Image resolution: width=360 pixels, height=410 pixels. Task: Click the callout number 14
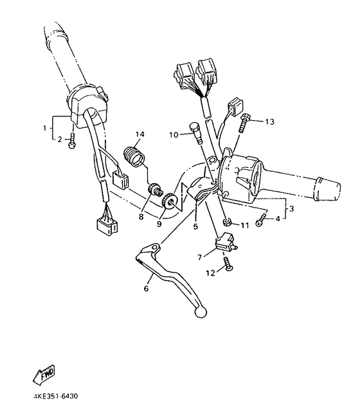click(x=138, y=134)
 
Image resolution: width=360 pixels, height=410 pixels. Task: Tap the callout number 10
click(x=174, y=135)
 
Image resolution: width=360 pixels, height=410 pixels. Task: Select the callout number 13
click(x=269, y=121)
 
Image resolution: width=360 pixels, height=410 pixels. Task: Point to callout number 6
click(x=146, y=290)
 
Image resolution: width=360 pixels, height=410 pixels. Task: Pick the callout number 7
click(x=200, y=257)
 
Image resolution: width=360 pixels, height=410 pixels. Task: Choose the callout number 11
click(x=245, y=226)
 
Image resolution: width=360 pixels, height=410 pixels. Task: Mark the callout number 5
click(x=196, y=226)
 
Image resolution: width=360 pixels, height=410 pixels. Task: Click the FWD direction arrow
click(x=44, y=373)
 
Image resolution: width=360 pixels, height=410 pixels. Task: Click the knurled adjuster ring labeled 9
click(x=171, y=202)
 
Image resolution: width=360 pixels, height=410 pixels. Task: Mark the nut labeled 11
click(x=228, y=222)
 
